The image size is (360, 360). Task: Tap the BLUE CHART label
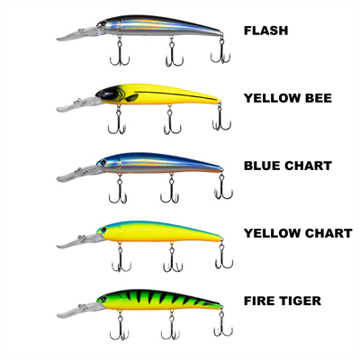tap(288, 166)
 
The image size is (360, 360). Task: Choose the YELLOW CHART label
tap(298, 233)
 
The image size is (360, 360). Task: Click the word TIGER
tap(307, 301)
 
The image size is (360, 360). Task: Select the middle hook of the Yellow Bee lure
tap(168, 122)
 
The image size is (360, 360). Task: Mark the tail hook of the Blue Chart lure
tap(219, 190)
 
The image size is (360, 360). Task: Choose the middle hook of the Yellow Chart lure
tap(168, 257)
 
